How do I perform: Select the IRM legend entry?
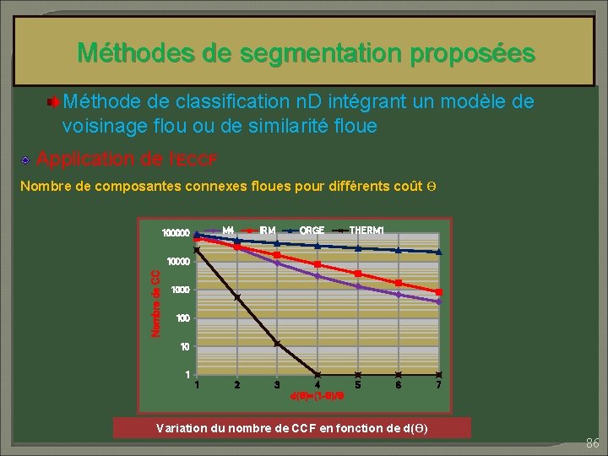[267, 231]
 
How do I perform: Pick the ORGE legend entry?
[311, 231]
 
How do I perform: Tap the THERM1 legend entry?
[367, 231]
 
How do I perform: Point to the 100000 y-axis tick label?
[176, 232]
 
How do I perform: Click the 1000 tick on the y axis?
[180, 290]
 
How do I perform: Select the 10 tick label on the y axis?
[183, 346]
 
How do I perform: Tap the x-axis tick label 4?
[318, 385]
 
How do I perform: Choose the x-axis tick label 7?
[438, 385]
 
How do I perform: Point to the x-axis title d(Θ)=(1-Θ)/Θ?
[318, 395]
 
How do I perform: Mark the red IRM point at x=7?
[438, 292]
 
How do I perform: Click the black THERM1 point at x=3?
[277, 343]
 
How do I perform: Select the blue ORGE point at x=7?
[438, 252]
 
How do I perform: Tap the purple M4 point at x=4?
[318, 276]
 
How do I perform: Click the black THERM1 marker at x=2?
[237, 297]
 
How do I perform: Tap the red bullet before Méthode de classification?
[53, 103]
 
